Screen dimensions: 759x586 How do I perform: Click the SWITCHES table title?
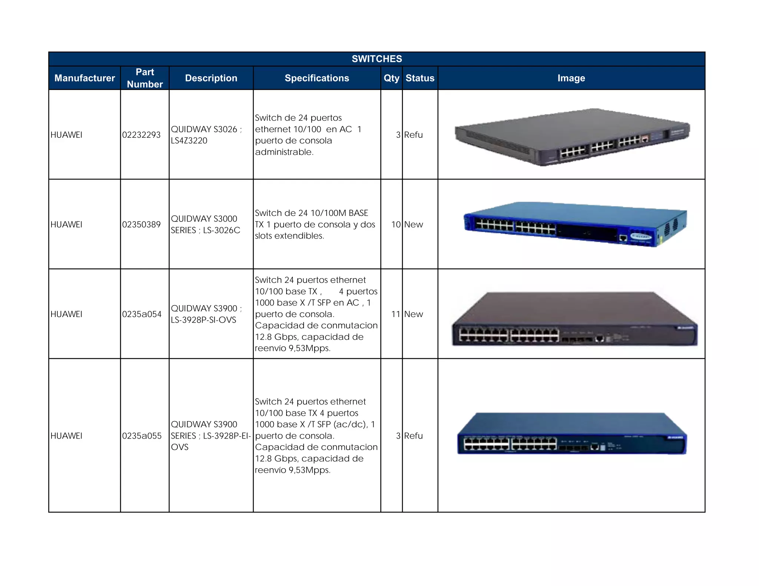tap(377, 59)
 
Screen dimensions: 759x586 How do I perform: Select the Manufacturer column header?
tap(84, 78)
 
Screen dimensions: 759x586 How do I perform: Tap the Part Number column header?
tap(145, 78)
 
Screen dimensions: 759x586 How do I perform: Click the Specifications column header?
tap(316, 78)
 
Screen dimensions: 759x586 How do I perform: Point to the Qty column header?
tap(391, 78)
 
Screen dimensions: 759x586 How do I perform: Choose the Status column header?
tap(420, 78)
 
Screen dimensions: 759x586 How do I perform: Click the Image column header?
tap(571, 78)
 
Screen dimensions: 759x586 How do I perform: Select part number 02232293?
tap(141, 135)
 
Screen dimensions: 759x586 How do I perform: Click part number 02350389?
tap(141, 224)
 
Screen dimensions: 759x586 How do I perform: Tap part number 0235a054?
tap(142, 314)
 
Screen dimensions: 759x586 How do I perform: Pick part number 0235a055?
tap(142, 436)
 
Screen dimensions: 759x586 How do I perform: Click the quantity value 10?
tap(396, 224)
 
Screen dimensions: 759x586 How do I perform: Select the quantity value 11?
tap(396, 314)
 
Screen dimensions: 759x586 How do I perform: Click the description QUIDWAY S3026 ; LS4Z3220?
tap(206, 135)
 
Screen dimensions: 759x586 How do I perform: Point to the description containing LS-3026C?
tap(205, 224)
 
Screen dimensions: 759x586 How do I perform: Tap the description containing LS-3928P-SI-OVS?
tap(206, 314)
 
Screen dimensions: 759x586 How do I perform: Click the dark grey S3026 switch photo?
tap(572, 137)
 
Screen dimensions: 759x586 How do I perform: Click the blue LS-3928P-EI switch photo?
tap(572, 433)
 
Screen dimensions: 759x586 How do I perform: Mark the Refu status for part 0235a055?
tap(413, 436)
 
